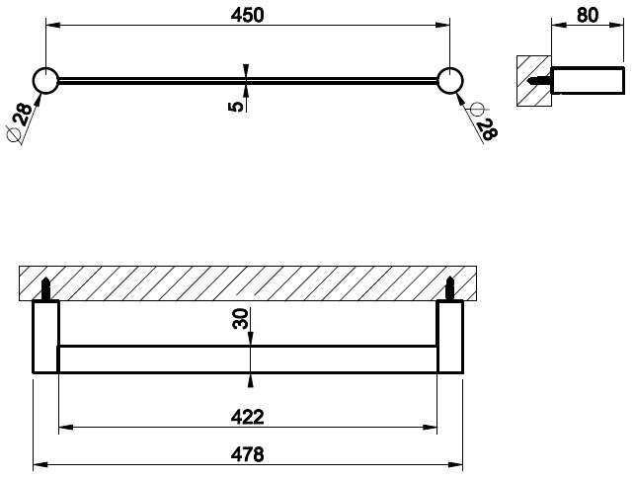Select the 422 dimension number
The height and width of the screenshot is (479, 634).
click(x=248, y=417)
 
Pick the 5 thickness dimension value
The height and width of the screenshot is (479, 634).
click(x=234, y=104)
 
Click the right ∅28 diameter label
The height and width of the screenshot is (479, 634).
click(x=483, y=122)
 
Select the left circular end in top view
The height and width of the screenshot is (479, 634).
click(x=45, y=81)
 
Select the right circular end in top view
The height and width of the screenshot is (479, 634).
click(x=450, y=81)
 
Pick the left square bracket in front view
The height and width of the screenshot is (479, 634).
click(x=46, y=337)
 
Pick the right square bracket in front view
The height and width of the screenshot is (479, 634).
click(x=450, y=337)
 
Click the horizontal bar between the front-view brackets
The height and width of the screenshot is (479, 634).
click(x=248, y=358)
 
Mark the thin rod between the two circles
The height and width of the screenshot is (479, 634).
click(x=148, y=81)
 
